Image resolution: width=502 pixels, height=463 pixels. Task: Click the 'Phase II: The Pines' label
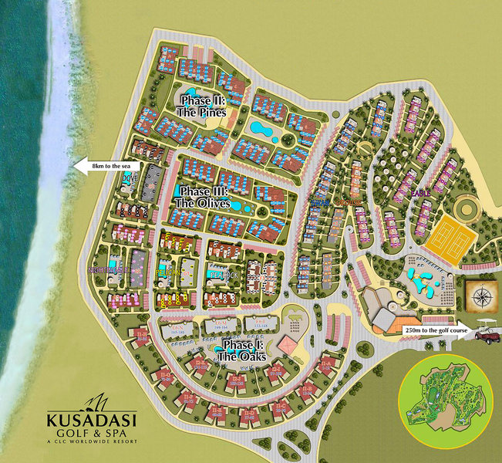click(204, 106)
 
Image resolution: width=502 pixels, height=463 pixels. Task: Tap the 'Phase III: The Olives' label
click(204, 198)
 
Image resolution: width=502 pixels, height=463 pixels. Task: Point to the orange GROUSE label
click(351, 203)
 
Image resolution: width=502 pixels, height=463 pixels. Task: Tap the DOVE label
click(128, 178)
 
